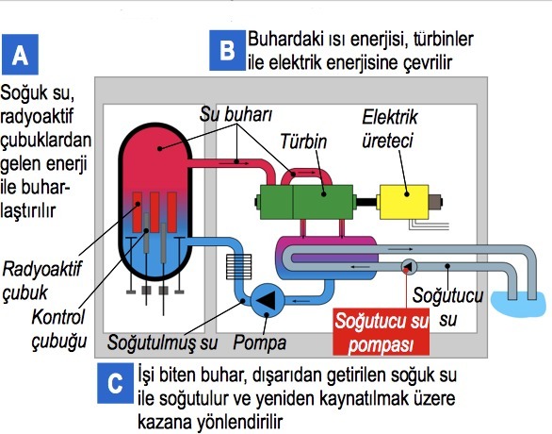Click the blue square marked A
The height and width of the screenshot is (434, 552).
[20, 55]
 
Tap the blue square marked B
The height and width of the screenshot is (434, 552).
[227, 50]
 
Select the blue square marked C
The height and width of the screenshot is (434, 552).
[116, 383]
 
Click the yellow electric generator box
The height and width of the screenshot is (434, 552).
[403, 202]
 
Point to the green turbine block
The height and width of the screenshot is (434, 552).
[306, 202]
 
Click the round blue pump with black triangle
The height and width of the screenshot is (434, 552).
[268, 300]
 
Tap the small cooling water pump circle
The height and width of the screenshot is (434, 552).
[409, 267]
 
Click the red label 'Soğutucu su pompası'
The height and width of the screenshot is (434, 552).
[382, 332]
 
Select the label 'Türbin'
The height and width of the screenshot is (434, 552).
[303, 142]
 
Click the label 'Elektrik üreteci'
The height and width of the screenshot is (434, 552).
[390, 129]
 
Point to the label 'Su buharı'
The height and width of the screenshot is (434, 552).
[235, 114]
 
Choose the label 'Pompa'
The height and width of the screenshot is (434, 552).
[260, 342]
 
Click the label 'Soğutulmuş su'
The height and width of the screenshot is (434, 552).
[162, 342]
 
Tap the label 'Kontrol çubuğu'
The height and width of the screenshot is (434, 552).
[58, 329]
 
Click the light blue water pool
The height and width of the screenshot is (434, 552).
[517, 304]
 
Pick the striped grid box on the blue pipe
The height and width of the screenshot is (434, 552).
[238, 267]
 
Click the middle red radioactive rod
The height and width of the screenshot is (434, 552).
[154, 212]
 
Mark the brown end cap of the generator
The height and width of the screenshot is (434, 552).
[435, 202]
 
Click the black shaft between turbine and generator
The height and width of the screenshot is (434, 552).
[366, 202]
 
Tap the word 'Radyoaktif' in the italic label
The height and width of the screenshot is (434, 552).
[41, 269]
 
